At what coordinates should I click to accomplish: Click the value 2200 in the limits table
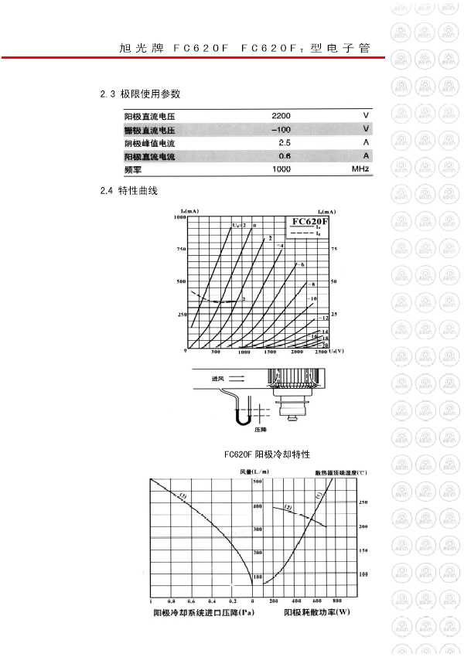click(281, 115)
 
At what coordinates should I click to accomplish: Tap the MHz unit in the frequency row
click(360, 169)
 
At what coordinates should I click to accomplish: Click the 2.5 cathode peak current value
click(284, 142)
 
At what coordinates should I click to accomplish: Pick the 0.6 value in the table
click(284, 155)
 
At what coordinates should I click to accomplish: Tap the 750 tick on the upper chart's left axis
click(182, 249)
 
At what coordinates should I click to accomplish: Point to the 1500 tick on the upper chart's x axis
click(271, 352)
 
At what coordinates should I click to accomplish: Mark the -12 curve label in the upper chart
click(324, 318)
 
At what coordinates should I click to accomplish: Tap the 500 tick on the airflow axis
click(258, 482)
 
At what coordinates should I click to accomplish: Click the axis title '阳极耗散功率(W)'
click(317, 613)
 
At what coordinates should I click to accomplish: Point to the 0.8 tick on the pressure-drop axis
click(171, 601)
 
